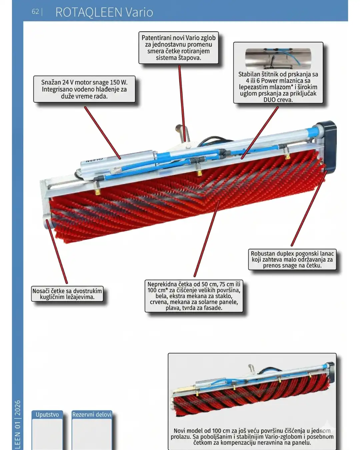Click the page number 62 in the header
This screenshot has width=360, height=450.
point(35,12)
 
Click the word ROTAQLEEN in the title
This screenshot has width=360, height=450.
point(89,12)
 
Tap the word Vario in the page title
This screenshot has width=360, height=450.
point(139,12)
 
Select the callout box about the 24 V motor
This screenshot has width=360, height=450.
point(84,89)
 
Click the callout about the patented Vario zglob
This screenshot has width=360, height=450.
point(178,48)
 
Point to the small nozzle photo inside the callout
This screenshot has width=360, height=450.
point(278,59)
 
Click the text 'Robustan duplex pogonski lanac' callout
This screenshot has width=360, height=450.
point(292,259)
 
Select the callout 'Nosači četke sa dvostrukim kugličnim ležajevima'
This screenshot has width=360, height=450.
point(67,294)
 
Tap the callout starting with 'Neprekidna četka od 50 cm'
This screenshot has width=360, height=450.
point(194,296)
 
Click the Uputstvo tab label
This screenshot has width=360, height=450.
point(47,414)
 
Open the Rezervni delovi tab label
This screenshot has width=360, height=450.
point(92,414)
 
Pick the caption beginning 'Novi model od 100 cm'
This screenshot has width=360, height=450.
point(252,437)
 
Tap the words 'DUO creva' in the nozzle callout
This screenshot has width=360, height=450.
point(278,100)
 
